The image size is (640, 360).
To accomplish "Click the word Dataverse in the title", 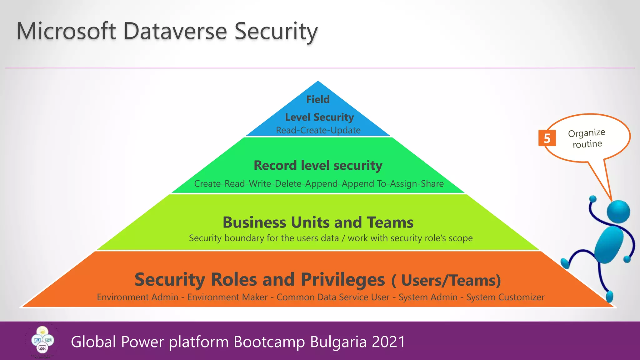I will pyautogui.click(x=175, y=31).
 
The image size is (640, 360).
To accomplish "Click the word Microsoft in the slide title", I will pyautogui.click(x=66, y=31).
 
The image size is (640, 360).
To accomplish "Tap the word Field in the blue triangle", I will pyautogui.click(x=318, y=99).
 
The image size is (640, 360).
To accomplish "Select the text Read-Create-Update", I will pyautogui.click(x=318, y=130).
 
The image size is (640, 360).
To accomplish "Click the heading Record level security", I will pyautogui.click(x=318, y=165).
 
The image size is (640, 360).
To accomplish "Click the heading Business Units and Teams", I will pyautogui.click(x=318, y=222).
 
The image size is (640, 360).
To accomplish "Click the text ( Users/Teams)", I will pyautogui.click(x=446, y=280).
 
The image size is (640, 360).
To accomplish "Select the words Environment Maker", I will pyautogui.click(x=227, y=297).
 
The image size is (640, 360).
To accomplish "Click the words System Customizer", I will pyautogui.click(x=505, y=297).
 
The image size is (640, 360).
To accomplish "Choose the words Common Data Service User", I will pyautogui.click(x=333, y=297).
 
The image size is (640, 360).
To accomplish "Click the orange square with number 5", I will pyautogui.click(x=547, y=138).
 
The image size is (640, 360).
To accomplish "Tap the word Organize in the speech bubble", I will pyautogui.click(x=586, y=133).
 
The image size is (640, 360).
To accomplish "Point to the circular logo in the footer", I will pyautogui.click(x=42, y=341).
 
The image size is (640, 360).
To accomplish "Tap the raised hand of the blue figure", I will pyautogui.click(x=592, y=199).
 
